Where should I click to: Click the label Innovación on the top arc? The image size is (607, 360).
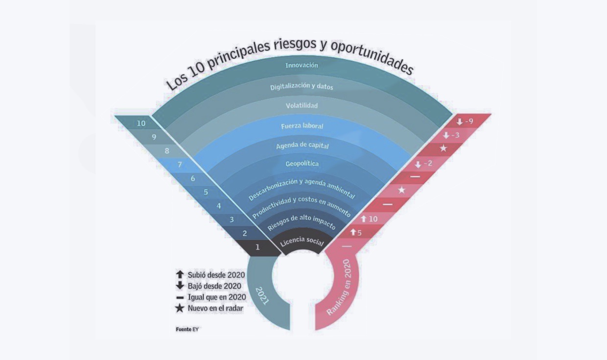[302, 65]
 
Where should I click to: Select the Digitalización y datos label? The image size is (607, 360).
[302, 87]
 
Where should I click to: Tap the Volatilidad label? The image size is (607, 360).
[302, 106]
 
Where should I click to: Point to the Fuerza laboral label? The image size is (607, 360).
[302, 126]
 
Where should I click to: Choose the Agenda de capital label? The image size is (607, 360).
[302, 146]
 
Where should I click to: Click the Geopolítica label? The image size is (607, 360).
[302, 164]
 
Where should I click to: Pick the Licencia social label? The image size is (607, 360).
[302, 241]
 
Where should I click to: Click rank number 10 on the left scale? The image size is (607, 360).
[141, 123]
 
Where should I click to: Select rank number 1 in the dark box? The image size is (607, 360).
[257, 247]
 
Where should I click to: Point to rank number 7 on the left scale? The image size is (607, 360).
[180, 165]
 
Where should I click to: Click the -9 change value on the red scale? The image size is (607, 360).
[465, 121]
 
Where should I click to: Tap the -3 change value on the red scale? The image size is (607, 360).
[451, 135]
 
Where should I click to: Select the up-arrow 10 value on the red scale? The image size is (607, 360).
[369, 218]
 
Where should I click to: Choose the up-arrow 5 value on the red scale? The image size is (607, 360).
[356, 232]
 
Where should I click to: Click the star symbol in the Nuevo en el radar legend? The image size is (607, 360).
[180, 308]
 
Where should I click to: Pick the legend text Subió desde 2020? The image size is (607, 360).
[216, 275]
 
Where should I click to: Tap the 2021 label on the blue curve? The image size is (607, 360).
[263, 296]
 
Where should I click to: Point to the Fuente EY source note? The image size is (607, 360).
[188, 329]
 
